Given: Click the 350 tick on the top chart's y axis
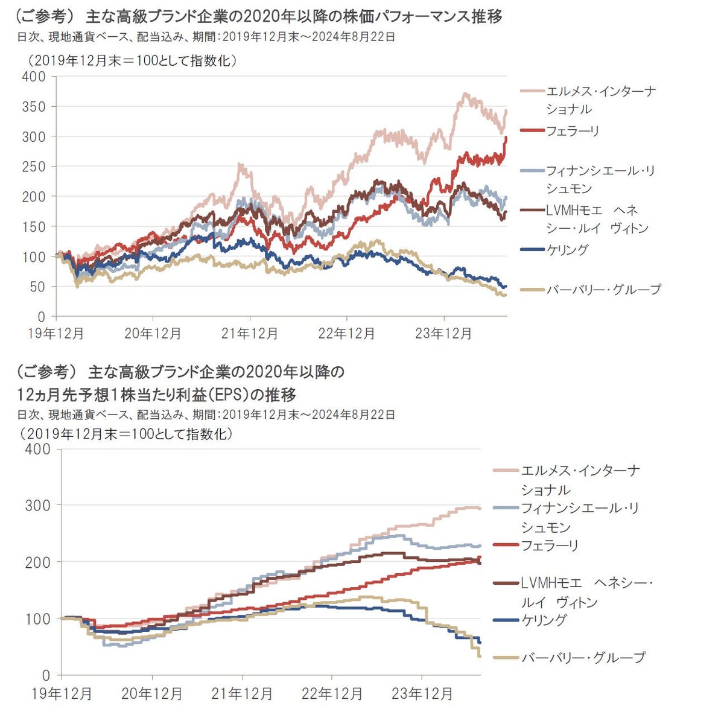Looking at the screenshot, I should [x=33, y=107].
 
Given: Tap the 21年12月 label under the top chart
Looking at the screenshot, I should [x=250, y=334].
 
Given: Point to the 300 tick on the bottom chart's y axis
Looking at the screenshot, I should [x=37, y=505].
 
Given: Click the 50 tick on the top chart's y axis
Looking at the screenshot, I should [x=37, y=287].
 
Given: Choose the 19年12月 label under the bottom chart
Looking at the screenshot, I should [x=62, y=693].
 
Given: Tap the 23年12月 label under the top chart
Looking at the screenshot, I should [x=443, y=334].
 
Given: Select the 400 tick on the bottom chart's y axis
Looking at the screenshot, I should [x=37, y=449].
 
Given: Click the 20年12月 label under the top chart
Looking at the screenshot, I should [x=153, y=334].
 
